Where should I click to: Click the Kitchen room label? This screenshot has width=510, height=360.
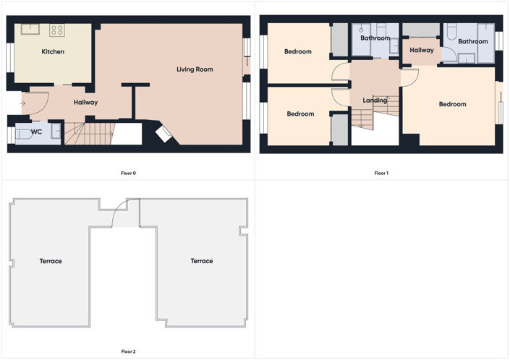(x=53, y=51)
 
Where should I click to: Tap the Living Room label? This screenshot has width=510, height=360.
(x=195, y=69)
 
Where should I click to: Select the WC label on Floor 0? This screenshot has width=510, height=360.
(x=36, y=132)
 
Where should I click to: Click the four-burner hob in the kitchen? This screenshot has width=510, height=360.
(x=57, y=30)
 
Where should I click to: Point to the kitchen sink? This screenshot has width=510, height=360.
(x=30, y=29)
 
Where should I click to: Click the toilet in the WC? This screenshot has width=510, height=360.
(x=24, y=134)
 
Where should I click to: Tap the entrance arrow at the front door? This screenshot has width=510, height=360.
(x=22, y=103)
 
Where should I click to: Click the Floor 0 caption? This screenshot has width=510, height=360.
(x=129, y=173)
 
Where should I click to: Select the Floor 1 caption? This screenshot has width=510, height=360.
(x=381, y=173)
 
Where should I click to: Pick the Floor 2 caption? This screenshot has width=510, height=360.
(x=129, y=351)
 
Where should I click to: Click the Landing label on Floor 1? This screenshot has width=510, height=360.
(x=375, y=100)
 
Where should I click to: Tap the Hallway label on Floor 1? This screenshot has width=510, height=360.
(x=422, y=51)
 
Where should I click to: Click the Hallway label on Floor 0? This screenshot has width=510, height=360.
(x=85, y=103)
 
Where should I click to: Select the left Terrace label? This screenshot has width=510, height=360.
(x=51, y=261)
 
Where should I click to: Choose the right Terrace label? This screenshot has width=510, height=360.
(x=202, y=261)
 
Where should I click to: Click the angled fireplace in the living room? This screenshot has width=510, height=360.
(x=163, y=134)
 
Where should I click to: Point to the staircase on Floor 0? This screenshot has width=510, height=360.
(x=90, y=133)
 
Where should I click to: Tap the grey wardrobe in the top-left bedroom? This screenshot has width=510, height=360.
(x=339, y=40)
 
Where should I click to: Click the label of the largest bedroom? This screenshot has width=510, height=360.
(x=452, y=104)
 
